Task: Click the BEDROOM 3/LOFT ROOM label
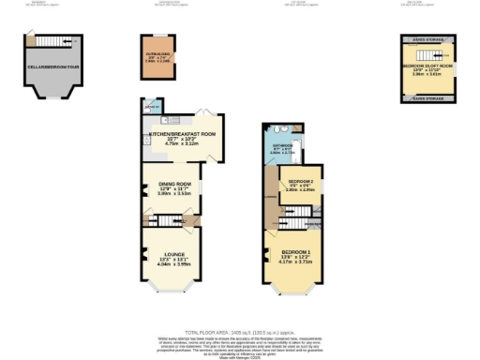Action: (x=427, y=68)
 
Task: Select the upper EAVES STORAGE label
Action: (x=427, y=40)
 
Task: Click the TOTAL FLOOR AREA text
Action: (x=240, y=334)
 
